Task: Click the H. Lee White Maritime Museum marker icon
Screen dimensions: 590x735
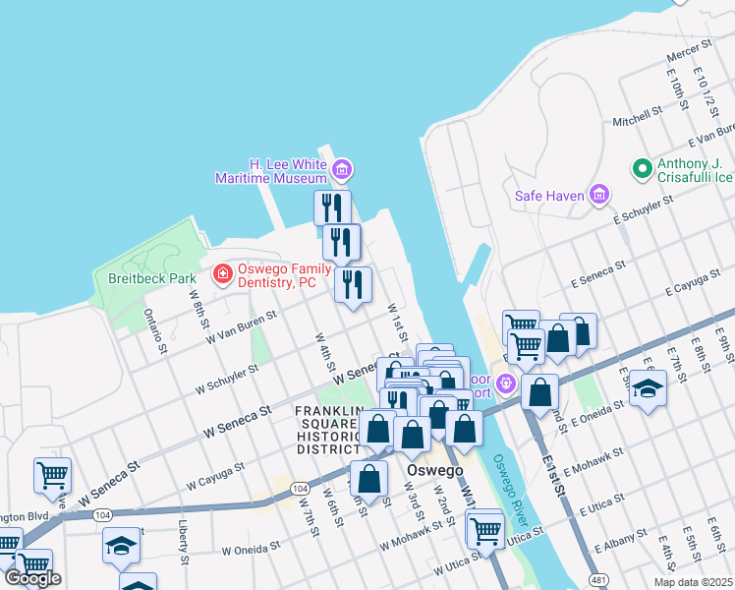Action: pos(341,171)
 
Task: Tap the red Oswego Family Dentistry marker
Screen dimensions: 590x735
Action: pos(223,272)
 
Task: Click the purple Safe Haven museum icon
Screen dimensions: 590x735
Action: pos(598,195)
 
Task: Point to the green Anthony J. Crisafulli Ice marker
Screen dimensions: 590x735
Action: pos(643,169)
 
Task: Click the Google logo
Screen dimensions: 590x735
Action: pos(32,578)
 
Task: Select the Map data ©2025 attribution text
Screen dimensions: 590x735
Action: pos(693,582)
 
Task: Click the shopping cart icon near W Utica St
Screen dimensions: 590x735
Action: pos(485,530)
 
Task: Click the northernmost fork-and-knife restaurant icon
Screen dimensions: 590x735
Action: pos(332,207)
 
